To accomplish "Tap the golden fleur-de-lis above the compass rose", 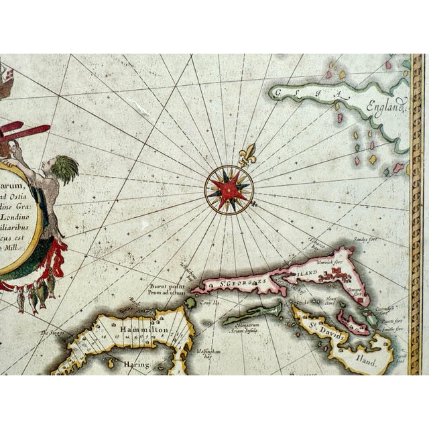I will [247, 154].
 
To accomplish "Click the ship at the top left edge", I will [5, 76].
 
